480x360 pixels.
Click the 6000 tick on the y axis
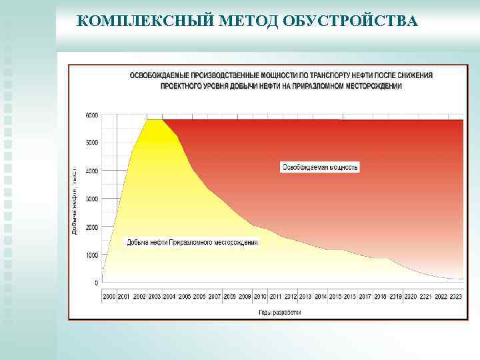click(x=91, y=115)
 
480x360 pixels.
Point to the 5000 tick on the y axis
click(x=91, y=143)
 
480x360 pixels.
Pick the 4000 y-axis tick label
click(x=91, y=171)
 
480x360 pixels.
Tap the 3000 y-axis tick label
click(x=91, y=199)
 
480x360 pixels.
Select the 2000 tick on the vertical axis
click(x=91, y=227)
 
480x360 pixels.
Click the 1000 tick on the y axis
click(x=91, y=255)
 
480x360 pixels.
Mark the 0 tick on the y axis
click(x=97, y=283)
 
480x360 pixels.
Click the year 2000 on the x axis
click(x=109, y=296)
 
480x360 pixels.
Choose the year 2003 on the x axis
click(x=155, y=296)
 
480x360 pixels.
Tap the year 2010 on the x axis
click(x=260, y=296)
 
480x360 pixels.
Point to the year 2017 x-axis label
click(x=365, y=296)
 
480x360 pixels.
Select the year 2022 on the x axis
click(x=441, y=296)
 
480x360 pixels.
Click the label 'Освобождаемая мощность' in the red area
click(x=320, y=167)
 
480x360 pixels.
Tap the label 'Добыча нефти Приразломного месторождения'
click(x=193, y=242)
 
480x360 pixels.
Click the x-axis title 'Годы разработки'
click(x=280, y=311)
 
